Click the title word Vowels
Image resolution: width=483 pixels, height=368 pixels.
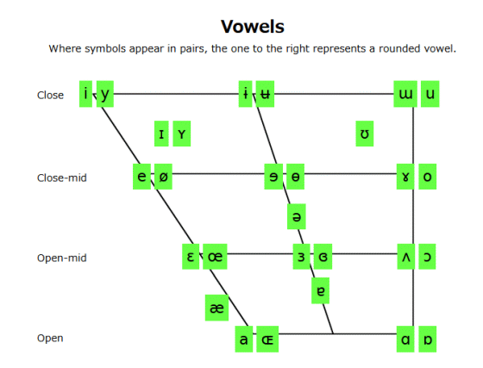252,27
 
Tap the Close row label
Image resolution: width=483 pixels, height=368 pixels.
50,95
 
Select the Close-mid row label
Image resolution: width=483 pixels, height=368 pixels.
61,178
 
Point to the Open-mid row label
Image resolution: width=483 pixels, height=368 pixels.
61,258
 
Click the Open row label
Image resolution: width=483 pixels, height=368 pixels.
50,338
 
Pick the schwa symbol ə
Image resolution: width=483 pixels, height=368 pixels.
297,216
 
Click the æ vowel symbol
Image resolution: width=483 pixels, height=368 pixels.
216,308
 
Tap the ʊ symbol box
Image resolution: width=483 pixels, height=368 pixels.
365,134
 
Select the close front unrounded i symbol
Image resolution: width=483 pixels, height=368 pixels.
85,94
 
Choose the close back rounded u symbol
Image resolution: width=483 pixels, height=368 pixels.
430,94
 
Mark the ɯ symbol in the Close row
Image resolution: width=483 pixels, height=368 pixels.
405,94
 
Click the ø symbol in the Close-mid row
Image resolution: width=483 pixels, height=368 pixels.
163,177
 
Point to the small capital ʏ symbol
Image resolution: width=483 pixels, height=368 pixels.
182,134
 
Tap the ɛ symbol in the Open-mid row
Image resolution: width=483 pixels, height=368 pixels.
191,257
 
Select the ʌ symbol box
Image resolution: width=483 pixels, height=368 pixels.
406,257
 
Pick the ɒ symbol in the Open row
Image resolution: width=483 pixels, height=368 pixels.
428,339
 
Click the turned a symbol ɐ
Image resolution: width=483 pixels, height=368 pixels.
320,290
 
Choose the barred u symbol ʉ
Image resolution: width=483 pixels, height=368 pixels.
265,94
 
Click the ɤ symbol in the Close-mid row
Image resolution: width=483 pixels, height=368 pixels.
405,177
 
